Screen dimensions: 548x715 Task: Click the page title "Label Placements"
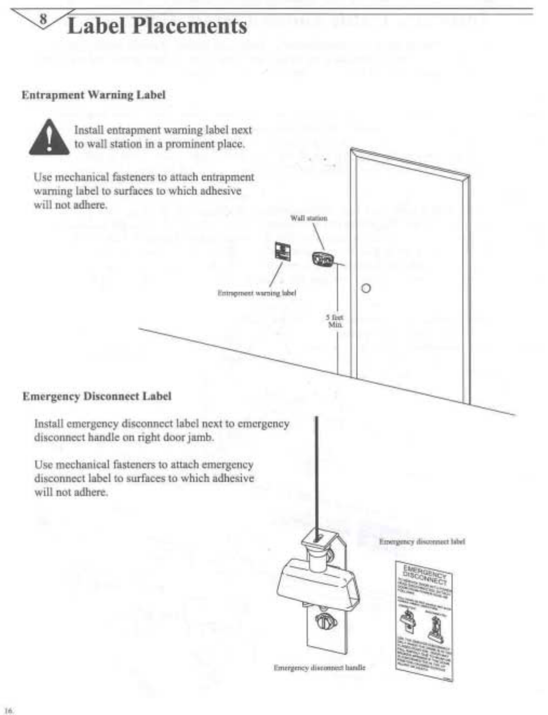(x=157, y=26)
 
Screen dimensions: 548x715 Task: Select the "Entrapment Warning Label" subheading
(x=93, y=95)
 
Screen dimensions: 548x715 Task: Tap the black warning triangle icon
(x=49, y=138)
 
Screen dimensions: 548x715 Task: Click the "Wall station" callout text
(x=309, y=218)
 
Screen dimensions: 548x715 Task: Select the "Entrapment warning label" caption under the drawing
(x=256, y=293)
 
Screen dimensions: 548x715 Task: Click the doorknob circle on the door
(x=366, y=288)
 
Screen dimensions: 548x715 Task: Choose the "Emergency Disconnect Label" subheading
(x=97, y=397)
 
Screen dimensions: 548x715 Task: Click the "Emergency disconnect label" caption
(x=422, y=541)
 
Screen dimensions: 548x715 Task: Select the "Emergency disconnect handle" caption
(x=319, y=668)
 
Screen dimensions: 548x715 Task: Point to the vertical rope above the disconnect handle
(x=316, y=469)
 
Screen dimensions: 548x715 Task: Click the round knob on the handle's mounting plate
(x=324, y=622)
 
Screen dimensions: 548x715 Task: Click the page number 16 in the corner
(x=9, y=710)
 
